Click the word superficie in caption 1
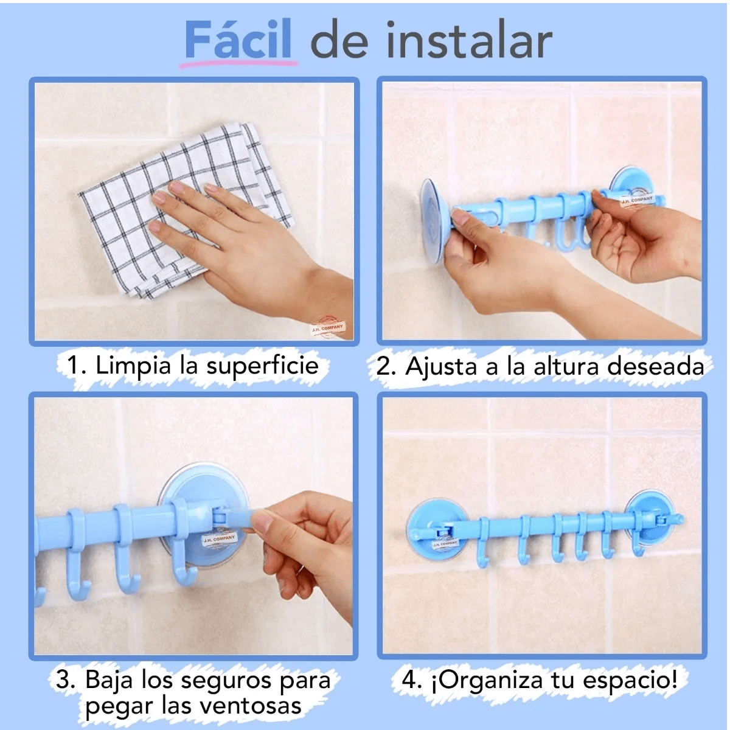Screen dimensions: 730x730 (262, 366)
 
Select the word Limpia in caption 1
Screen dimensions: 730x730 (133, 366)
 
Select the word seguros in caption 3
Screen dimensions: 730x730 (234, 680)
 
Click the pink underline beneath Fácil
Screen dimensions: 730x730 (240, 63)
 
